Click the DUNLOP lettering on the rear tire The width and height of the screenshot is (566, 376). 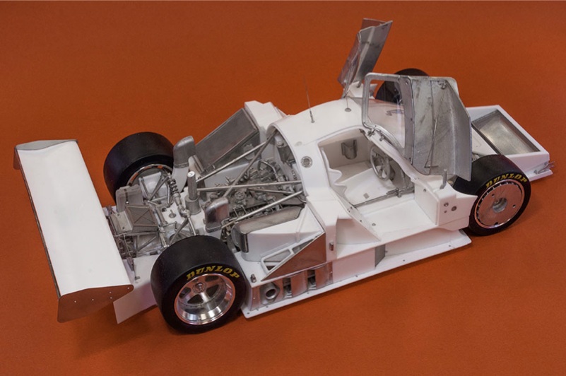pos(213,273)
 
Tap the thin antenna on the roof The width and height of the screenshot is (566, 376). pos(309,105)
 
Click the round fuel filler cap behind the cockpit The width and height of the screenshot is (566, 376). pos(305,161)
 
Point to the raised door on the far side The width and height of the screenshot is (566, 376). pos(365,49)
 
